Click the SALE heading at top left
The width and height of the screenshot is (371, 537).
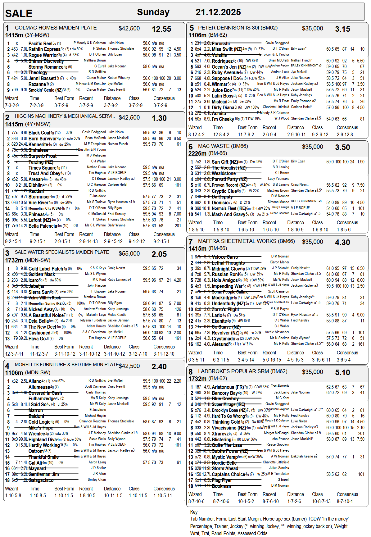[x=19, y=13]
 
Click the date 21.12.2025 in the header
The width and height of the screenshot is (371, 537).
[x=218, y=12]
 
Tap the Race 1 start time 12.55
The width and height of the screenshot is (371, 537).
[x=161, y=29]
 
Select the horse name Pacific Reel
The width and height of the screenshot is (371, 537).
[x=40, y=43]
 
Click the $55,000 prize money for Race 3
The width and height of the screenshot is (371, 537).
[x=129, y=254]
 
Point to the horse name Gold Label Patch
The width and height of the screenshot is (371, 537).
[x=46, y=269]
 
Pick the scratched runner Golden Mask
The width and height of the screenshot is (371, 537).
[x=42, y=275]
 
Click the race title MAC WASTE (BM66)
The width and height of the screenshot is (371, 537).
[x=223, y=146]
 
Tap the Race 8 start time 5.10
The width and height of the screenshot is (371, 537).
[x=342, y=372]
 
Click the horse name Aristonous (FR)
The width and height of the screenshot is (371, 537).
[x=228, y=387]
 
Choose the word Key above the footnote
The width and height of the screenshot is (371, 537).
[x=194, y=512]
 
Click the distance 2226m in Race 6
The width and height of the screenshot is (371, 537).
[x=197, y=153]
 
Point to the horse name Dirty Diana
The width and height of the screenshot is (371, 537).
[x=223, y=107]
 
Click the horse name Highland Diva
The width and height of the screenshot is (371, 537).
[x=43, y=439]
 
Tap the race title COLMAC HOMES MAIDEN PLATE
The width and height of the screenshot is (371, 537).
[x=56, y=28]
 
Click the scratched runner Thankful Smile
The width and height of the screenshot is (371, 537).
[x=43, y=457]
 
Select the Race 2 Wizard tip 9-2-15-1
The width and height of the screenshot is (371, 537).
[x=13, y=241]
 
